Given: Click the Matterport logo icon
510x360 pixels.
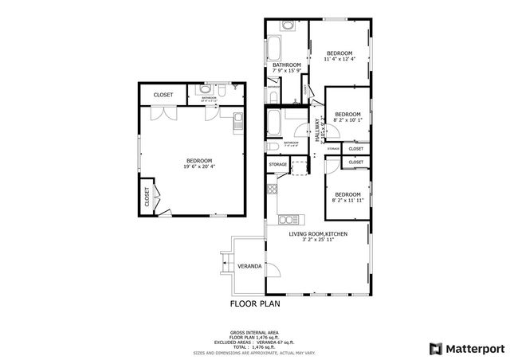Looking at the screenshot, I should point(434,348).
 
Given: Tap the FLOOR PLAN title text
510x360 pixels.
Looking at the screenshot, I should point(255,303).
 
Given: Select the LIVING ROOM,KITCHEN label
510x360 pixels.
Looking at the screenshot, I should point(318,233).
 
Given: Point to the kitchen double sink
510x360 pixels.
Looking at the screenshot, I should point(287,217).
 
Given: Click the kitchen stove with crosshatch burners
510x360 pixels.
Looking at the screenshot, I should point(272,189).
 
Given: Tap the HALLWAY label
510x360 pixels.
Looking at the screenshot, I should point(317,131).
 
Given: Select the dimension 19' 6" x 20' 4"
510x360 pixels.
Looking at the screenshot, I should point(199,166).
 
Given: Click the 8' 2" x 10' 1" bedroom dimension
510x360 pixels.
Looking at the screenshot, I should point(347,121).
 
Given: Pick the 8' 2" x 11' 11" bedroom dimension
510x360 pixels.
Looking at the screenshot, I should point(347,200).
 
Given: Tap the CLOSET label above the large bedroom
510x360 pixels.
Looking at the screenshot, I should point(163,95).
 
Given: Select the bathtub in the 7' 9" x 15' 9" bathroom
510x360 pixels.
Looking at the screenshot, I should point(273,49).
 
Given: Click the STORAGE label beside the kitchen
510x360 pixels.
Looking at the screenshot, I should point(277,164).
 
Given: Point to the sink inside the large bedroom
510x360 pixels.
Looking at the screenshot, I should point(237,122).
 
